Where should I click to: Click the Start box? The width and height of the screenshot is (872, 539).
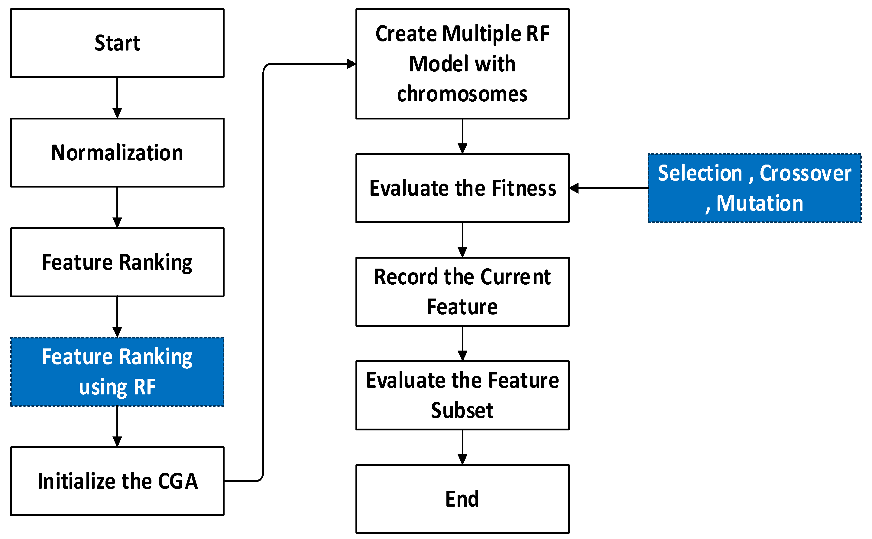tap(117, 43)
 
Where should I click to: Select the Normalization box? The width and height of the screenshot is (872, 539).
tap(117, 152)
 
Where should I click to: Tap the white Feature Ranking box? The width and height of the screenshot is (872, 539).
tap(117, 262)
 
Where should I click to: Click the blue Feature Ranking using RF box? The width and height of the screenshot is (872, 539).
tap(117, 371)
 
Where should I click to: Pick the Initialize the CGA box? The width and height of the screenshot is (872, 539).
tap(117, 481)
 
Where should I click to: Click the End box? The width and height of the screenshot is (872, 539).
tap(462, 499)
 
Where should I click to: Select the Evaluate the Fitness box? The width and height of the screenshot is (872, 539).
tap(462, 188)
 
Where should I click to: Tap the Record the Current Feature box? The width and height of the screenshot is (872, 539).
tap(462, 292)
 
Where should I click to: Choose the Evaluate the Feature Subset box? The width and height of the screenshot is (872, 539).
tap(462, 395)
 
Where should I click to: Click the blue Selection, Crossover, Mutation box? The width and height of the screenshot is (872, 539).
tap(754, 188)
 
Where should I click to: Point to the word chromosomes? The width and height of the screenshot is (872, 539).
tap(462, 94)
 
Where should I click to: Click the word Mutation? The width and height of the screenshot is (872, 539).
tap(760, 203)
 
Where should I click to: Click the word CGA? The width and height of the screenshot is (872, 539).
tap(178, 481)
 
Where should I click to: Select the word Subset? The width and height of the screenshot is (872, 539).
tap(462, 410)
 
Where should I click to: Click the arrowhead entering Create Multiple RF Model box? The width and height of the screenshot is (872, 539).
tap(351, 64)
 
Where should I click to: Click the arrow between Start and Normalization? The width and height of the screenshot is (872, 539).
tap(117, 98)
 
